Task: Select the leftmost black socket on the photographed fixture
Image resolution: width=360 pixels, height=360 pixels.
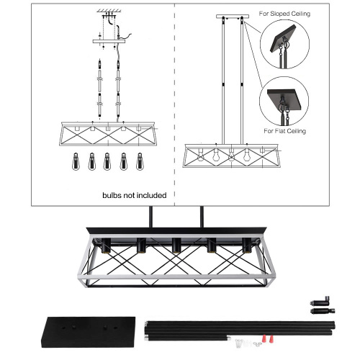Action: (x=111, y=245)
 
